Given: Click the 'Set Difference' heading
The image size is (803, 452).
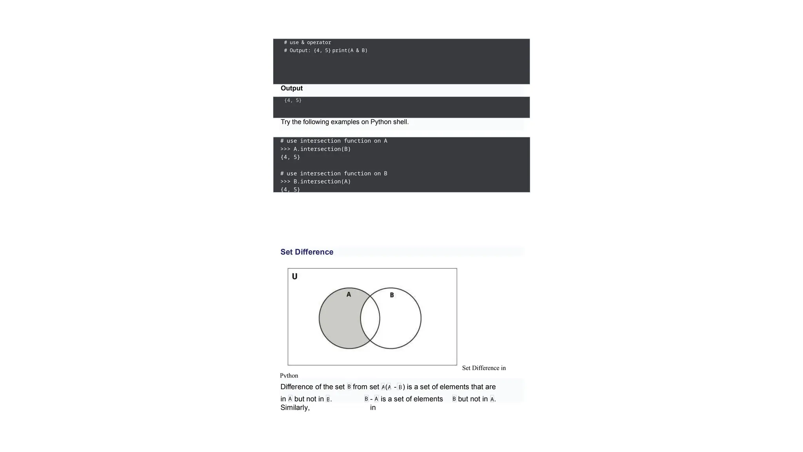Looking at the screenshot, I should pyautogui.click(x=307, y=252).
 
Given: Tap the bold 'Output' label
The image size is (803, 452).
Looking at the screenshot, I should pyautogui.click(x=291, y=88).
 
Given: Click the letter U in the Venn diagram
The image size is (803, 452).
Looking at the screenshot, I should pyautogui.click(x=295, y=276).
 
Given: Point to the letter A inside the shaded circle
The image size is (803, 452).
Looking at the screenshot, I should pyautogui.click(x=349, y=294).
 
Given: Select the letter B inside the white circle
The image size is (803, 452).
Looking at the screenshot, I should pyautogui.click(x=392, y=295).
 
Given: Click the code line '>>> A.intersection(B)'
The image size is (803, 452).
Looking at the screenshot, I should pyautogui.click(x=315, y=149).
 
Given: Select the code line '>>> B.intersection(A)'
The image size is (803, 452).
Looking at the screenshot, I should pyautogui.click(x=315, y=182).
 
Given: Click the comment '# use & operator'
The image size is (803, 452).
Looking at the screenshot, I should pyautogui.click(x=307, y=42).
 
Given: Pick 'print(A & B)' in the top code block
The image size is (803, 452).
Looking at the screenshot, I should pyautogui.click(x=350, y=51).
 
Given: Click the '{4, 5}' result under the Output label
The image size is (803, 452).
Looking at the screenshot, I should pyautogui.click(x=293, y=100).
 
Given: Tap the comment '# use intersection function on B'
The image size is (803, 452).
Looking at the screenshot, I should pyautogui.click(x=334, y=173).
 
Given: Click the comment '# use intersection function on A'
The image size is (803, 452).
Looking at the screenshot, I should pyautogui.click(x=334, y=141).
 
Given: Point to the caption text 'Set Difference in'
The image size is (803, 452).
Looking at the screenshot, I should pyautogui.click(x=484, y=368).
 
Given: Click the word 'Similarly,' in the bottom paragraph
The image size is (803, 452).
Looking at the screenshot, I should pyautogui.click(x=295, y=408).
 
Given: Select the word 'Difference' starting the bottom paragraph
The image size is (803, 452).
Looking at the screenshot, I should pyautogui.click(x=297, y=387).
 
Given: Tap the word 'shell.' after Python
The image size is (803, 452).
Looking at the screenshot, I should pyautogui.click(x=401, y=122).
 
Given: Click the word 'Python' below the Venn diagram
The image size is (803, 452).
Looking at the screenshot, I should pyautogui.click(x=289, y=376).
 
